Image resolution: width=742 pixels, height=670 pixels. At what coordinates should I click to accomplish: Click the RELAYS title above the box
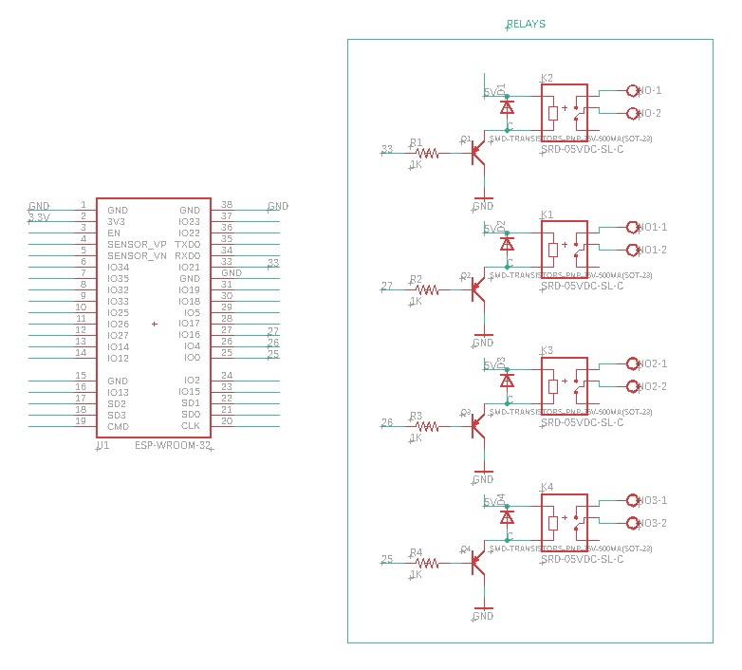(x=526, y=24)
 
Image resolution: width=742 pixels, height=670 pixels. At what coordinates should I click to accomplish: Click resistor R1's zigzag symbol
(x=427, y=153)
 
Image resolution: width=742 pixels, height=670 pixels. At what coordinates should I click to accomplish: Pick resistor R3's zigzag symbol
(x=427, y=426)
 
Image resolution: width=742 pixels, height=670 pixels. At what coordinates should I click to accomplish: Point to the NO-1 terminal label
(x=650, y=91)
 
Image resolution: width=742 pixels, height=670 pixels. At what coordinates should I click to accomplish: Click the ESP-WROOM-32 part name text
(x=173, y=445)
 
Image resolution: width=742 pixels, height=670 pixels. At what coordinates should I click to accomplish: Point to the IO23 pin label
(x=190, y=221)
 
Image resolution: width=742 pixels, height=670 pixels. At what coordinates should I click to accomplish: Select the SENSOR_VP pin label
(x=137, y=244)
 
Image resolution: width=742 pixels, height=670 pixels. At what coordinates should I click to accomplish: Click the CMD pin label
(x=118, y=426)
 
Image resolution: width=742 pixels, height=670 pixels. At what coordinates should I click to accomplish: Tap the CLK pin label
(x=191, y=426)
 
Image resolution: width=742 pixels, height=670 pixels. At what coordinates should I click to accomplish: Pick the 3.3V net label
(x=39, y=217)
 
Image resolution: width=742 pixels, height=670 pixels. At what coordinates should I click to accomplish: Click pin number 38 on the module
(x=227, y=205)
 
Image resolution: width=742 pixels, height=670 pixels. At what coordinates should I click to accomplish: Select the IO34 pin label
(x=118, y=267)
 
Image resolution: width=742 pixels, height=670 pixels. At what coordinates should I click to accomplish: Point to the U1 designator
(x=103, y=444)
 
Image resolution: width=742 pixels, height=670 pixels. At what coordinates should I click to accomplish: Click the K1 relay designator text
(x=547, y=215)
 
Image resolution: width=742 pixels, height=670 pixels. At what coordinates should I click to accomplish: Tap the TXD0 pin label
(x=189, y=244)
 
